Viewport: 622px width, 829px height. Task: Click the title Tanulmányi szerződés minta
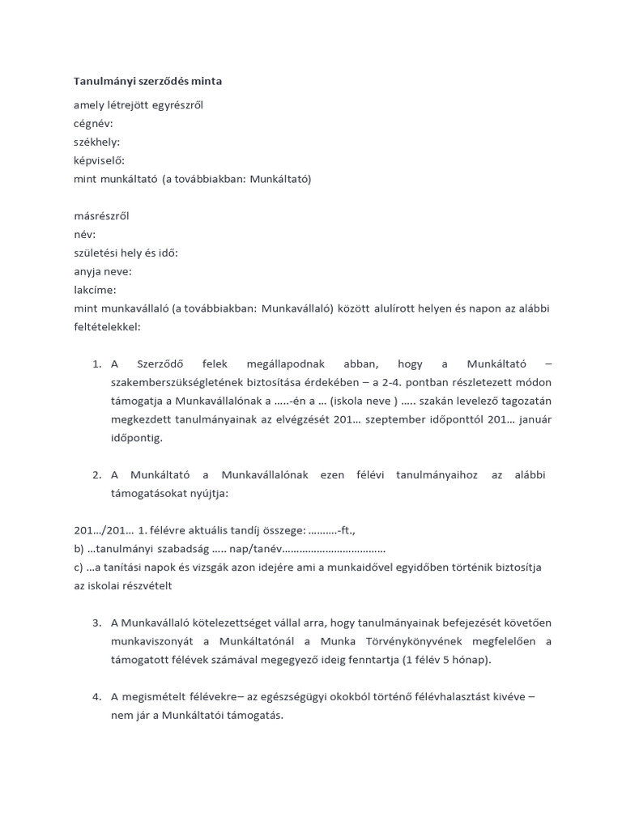click(x=147, y=82)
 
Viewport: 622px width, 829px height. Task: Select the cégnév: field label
click(x=93, y=123)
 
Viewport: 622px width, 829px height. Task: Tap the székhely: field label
click(x=96, y=142)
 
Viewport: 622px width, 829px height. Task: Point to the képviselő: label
click(x=99, y=160)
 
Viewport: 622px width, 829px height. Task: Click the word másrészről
click(x=101, y=216)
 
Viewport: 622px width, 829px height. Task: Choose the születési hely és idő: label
click(x=126, y=253)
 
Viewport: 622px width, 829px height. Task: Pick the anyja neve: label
click(x=102, y=271)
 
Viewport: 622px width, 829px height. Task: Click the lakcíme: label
click(x=95, y=290)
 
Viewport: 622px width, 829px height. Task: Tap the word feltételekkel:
click(x=107, y=327)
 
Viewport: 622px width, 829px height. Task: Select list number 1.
click(x=96, y=364)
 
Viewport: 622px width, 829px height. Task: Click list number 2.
click(x=96, y=474)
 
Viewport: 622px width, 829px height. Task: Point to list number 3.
click(x=96, y=623)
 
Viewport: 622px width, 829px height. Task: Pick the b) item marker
click(x=79, y=549)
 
